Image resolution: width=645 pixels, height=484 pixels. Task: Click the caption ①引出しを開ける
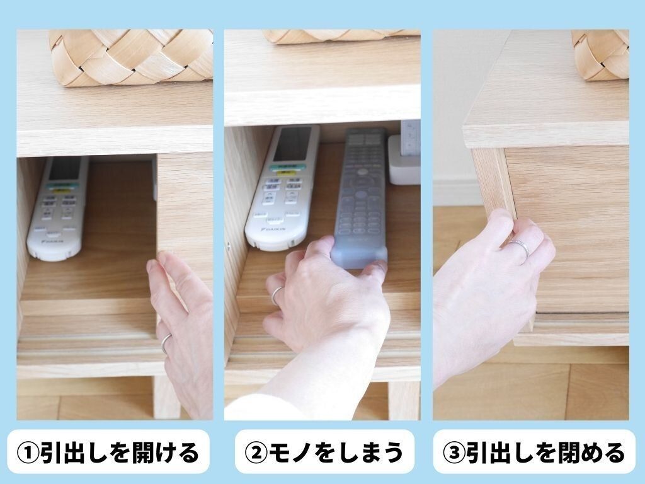point(108,452)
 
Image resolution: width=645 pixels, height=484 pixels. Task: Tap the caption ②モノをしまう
point(324,452)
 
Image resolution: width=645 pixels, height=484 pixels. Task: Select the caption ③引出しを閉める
point(534,452)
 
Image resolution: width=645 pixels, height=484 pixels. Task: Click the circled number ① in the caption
point(28,452)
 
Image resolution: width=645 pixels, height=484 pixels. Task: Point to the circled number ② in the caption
point(256,452)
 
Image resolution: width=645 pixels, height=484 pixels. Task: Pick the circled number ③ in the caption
point(454,452)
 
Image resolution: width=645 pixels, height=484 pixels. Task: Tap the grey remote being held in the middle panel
point(360,197)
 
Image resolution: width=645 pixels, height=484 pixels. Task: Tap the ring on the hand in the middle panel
point(277,295)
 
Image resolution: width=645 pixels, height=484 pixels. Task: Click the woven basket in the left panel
point(132,57)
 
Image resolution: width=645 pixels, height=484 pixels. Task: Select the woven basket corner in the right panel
point(600,54)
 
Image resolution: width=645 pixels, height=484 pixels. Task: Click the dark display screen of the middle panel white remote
point(292,144)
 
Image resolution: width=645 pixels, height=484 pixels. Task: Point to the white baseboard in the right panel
point(457,193)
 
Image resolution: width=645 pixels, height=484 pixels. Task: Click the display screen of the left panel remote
point(65,169)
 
